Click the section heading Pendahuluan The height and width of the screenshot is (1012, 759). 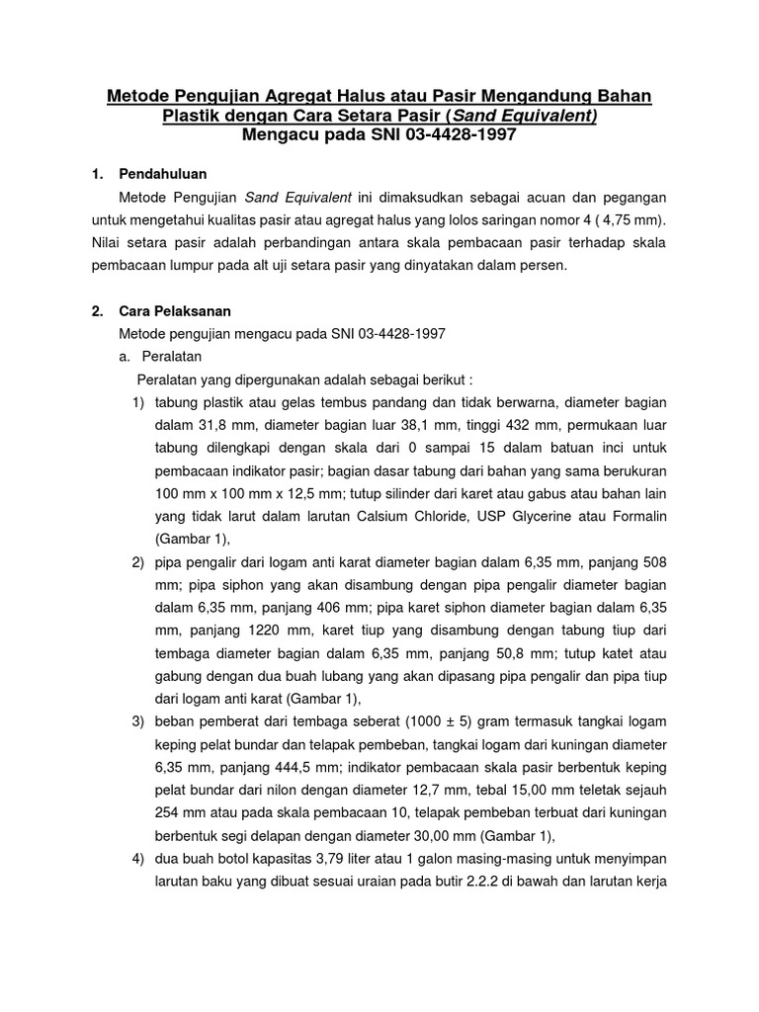pyautogui.click(x=162, y=174)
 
